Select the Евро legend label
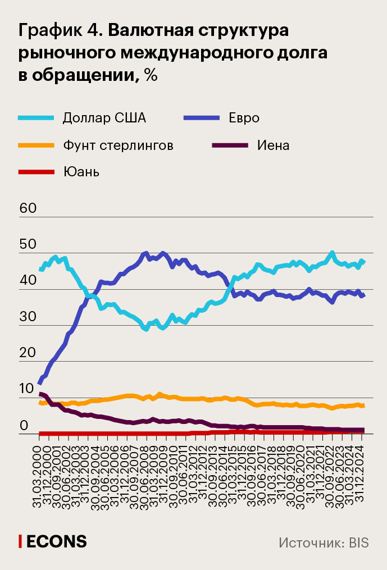click(244, 118)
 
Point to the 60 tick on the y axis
click(28, 208)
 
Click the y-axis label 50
click(28, 244)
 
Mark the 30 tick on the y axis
click(28, 317)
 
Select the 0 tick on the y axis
click(24, 425)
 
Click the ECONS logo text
click(57, 541)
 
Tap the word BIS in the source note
click(358, 542)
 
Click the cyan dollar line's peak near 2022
click(332, 253)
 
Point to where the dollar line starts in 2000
click(40, 270)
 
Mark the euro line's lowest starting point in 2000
click(39, 384)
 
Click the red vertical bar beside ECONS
click(20, 541)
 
